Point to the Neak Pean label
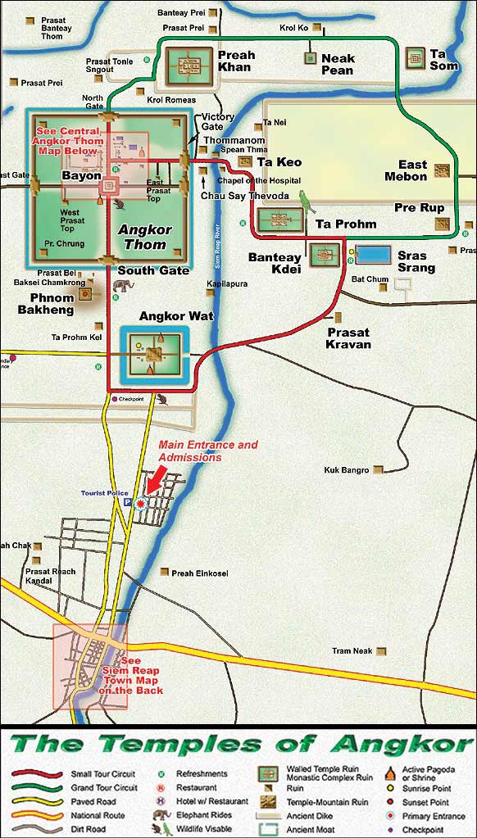coord(338,64)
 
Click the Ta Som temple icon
coord(416,58)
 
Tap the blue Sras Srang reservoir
coord(373,254)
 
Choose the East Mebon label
coord(407,170)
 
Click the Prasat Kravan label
coord(348,338)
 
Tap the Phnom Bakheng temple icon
coord(84,293)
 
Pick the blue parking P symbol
coord(127,503)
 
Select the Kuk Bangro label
coord(348,470)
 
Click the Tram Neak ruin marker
coord(380,651)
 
